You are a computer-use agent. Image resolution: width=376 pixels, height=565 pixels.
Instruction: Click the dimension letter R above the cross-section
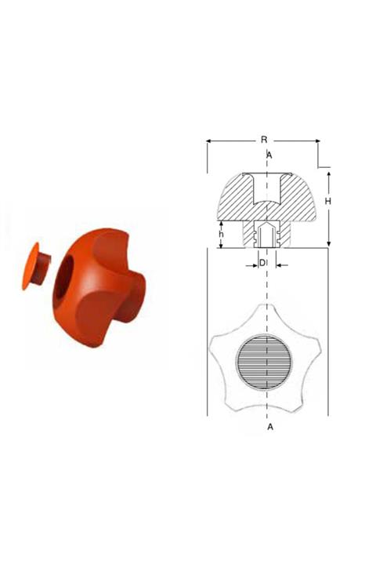click(264, 140)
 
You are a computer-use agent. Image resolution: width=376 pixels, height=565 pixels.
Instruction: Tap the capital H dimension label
click(327, 201)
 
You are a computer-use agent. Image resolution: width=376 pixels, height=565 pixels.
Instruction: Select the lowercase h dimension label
click(222, 234)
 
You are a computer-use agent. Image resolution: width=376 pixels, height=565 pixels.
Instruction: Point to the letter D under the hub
click(262, 263)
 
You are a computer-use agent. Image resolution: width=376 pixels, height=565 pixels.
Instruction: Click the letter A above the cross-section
click(269, 155)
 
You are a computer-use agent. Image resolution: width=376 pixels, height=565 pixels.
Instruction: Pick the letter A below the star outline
click(270, 427)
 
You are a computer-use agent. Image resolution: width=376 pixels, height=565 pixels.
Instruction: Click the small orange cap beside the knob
click(35, 266)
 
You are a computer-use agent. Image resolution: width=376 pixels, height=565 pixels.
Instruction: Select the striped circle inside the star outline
click(264, 362)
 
